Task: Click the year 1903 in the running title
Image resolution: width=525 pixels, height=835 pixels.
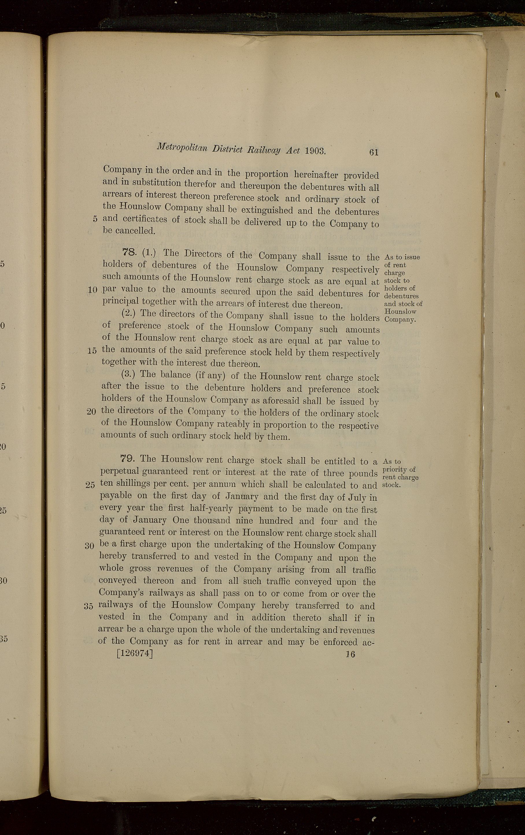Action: tap(315, 151)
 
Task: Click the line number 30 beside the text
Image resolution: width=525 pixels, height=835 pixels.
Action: tap(90, 546)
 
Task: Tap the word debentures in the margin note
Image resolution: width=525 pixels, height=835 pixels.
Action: tap(402, 296)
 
